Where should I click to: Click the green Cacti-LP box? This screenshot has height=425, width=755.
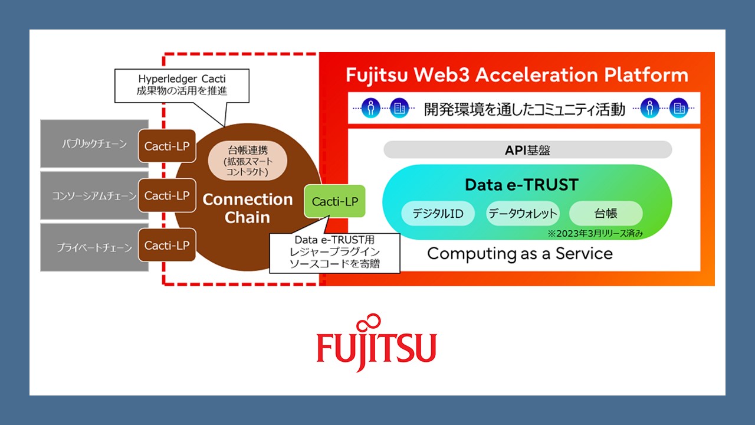click(334, 201)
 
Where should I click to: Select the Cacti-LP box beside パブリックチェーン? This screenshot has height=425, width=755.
click(167, 146)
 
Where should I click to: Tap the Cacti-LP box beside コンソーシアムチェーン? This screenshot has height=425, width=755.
click(167, 195)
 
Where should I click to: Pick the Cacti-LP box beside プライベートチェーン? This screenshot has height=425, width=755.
click(167, 245)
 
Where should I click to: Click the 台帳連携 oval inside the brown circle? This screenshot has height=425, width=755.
click(248, 160)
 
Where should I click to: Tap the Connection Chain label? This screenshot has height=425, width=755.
click(248, 208)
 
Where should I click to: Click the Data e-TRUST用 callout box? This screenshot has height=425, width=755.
click(334, 252)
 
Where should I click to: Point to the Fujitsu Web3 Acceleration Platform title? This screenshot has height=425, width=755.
click(517, 75)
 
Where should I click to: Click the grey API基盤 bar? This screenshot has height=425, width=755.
click(527, 150)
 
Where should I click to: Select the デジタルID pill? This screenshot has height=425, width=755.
click(438, 214)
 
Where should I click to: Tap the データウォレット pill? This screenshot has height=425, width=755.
click(523, 214)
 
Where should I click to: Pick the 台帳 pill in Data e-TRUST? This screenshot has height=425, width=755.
click(605, 214)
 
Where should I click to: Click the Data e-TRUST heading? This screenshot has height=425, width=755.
click(521, 185)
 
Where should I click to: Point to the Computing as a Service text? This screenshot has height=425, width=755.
click(520, 254)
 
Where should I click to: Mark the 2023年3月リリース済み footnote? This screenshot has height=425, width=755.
click(595, 234)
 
